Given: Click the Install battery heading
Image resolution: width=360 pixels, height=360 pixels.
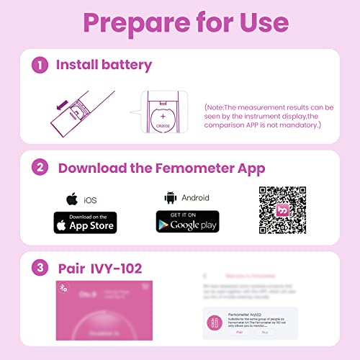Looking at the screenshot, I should tap(104, 65).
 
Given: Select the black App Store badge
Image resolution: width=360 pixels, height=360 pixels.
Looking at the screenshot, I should tap(85, 222).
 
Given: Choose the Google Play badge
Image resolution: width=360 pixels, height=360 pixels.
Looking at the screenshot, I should tap(187, 222).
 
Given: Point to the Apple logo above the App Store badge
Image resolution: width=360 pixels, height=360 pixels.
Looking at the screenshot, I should tap(71, 198).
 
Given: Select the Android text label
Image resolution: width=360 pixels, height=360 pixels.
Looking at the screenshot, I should tap(195, 197).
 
